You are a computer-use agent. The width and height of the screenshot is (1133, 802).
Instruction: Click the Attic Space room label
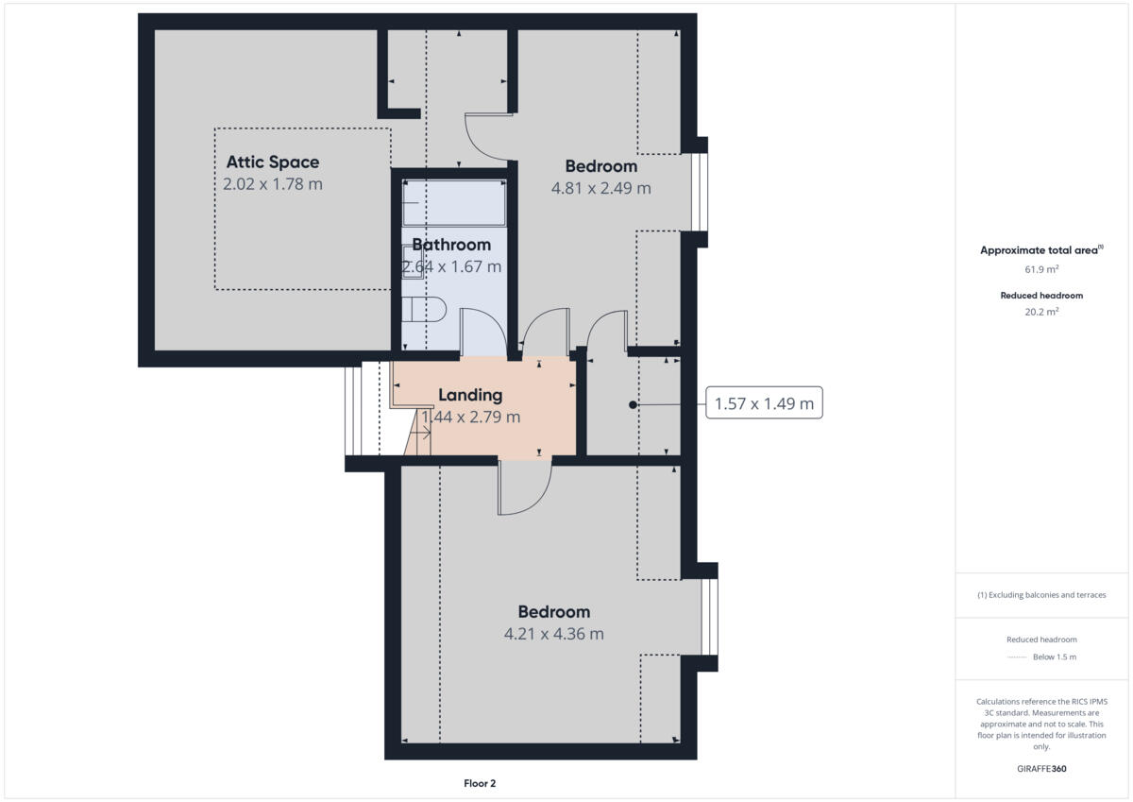(272, 162)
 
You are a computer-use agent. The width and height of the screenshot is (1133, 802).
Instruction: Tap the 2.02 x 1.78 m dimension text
(272, 184)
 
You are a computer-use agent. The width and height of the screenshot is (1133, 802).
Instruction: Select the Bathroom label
(451, 246)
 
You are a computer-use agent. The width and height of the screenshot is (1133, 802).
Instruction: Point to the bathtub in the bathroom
(454, 203)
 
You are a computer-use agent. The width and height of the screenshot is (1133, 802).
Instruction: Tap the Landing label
(470, 395)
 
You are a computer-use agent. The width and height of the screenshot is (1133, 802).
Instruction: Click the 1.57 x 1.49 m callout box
(764, 404)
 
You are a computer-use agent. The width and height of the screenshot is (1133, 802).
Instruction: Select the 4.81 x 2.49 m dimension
(600, 188)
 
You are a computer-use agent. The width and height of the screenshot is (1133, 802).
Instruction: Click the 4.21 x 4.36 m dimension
(553, 634)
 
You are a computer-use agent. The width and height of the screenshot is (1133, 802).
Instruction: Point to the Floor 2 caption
(480, 783)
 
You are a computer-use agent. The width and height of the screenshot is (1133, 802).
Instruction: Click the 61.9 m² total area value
(1041, 269)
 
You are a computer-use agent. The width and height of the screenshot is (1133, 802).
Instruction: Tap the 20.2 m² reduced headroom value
(1041, 311)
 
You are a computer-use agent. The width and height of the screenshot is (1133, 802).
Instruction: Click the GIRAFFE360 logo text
(1041, 769)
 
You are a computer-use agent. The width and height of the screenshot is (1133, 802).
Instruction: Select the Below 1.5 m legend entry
(1054, 657)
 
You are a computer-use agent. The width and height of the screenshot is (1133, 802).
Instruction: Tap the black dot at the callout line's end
(633, 405)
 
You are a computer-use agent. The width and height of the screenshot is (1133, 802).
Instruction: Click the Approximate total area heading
(1040, 250)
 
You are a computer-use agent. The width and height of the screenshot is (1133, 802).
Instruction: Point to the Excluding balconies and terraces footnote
(1041, 595)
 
